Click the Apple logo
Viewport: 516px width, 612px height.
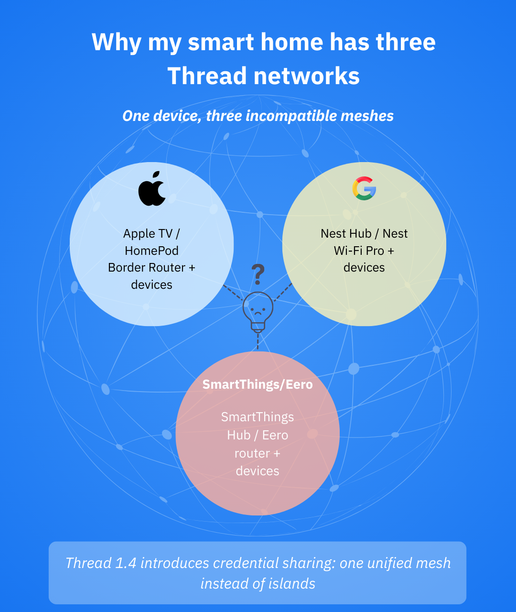coord(152,188)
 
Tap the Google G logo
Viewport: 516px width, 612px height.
coord(364,188)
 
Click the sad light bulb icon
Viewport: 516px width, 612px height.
coord(258,312)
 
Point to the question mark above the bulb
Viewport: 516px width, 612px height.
coord(258,274)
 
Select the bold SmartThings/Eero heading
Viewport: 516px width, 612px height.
coord(258,384)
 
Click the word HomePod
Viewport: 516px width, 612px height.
coord(152,251)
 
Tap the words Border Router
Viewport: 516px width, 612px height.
coord(147,268)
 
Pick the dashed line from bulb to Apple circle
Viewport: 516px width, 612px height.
coord(233,293)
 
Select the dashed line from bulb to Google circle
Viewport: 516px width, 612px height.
coord(283,292)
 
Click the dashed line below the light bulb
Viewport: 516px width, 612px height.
coord(258,341)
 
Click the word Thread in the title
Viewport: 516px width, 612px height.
coord(207,76)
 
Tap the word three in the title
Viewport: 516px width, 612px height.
coord(406,42)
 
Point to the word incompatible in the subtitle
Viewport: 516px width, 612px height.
coord(291,116)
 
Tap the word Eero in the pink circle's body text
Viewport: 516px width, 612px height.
coord(275,435)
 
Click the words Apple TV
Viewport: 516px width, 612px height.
coord(148,234)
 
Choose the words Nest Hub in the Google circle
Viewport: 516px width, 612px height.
coord(346,234)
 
